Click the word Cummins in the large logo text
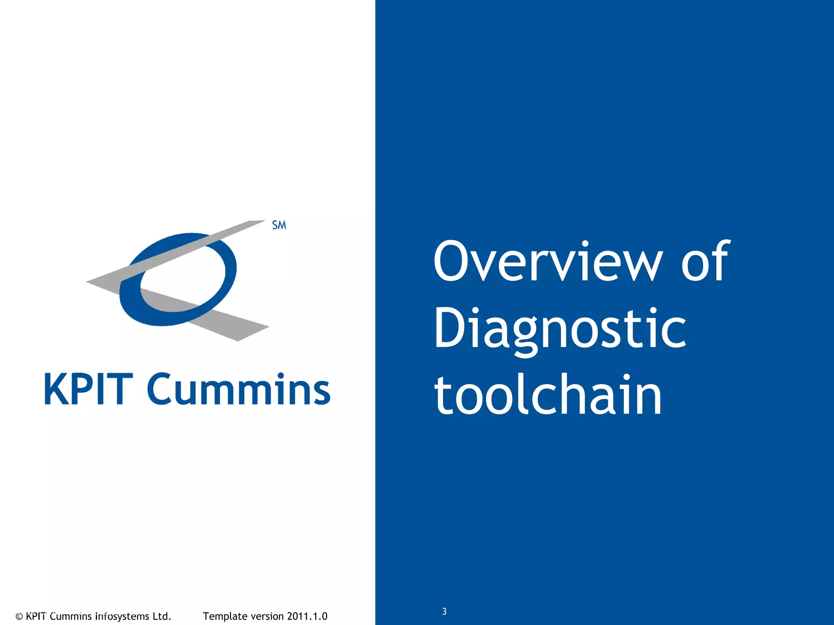(x=239, y=389)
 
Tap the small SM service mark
(x=279, y=225)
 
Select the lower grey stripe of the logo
(x=228, y=321)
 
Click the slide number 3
(x=444, y=612)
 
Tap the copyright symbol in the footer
(x=19, y=616)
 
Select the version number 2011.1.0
(x=307, y=616)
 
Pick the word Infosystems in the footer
(x=122, y=616)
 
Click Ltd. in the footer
(x=162, y=616)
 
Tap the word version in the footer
(x=267, y=616)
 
